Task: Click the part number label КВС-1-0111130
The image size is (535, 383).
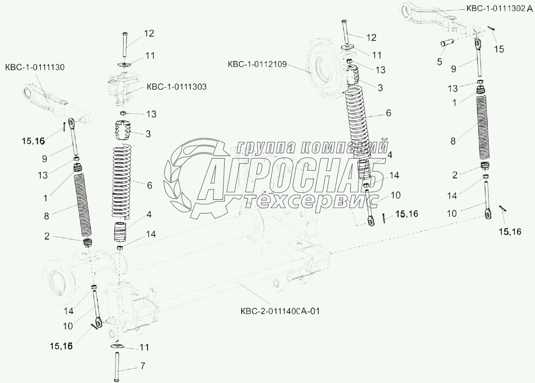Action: point(35,67)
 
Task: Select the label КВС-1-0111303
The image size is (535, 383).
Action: point(176,87)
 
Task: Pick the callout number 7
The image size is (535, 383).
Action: point(143,365)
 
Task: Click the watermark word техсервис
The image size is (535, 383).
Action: point(311,200)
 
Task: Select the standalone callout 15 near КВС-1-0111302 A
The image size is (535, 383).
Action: point(498,49)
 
